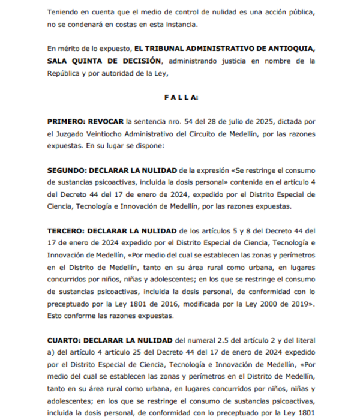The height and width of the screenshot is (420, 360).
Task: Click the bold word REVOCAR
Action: click(112, 121)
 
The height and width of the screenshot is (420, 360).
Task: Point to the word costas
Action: click(148, 24)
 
